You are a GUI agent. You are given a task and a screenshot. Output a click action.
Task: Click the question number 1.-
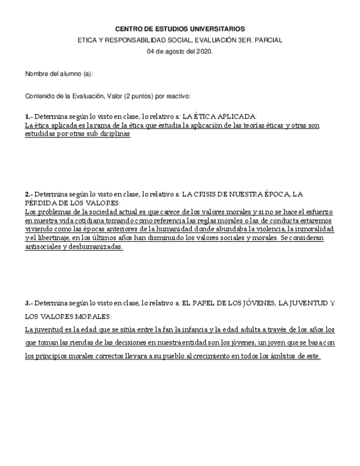click(29, 116)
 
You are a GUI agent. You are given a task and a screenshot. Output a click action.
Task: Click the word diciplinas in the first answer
click(112, 134)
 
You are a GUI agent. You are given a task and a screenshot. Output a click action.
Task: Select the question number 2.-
click(29, 194)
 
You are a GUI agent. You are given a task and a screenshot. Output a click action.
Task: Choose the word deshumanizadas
click(95, 247)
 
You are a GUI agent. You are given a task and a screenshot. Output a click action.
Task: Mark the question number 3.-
click(29, 303)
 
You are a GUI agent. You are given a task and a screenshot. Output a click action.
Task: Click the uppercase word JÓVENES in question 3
click(257, 303)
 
